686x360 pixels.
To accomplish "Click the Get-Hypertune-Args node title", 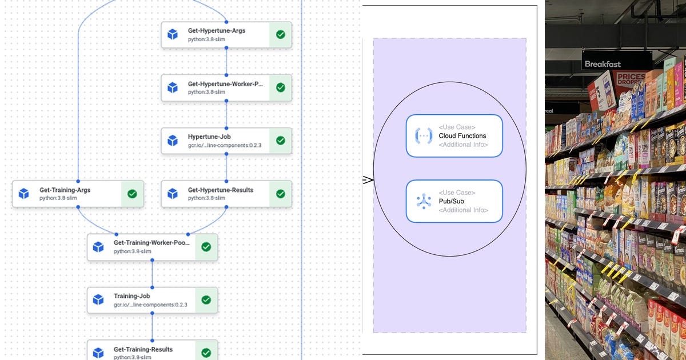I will (x=217, y=30).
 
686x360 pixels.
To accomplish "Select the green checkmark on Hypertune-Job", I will (x=280, y=141).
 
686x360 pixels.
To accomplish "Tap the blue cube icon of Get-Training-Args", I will (x=23, y=194).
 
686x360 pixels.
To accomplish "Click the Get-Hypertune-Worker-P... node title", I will (x=225, y=84).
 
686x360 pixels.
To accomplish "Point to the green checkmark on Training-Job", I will (x=206, y=300).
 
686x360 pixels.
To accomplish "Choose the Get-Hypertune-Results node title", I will (x=220, y=190).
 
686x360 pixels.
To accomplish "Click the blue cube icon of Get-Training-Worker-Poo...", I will (x=98, y=247).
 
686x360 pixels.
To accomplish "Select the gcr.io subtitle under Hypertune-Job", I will (x=224, y=145).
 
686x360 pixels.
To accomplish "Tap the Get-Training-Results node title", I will (x=143, y=349).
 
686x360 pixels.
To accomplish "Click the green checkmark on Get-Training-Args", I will (x=132, y=194).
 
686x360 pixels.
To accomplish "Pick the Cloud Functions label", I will (x=462, y=136).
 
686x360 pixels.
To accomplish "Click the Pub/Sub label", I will (x=451, y=201).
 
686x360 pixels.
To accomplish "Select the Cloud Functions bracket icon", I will (x=424, y=135).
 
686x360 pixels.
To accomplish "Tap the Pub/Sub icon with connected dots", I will (x=424, y=201).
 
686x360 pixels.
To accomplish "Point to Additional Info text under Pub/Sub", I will (x=463, y=210).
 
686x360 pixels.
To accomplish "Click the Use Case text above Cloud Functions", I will (x=457, y=127).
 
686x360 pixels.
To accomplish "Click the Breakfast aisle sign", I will (x=603, y=64).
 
